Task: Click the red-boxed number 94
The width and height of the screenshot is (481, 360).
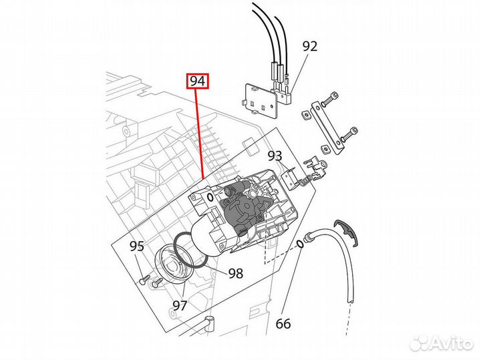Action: (198, 81)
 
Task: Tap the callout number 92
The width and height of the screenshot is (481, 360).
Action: (310, 46)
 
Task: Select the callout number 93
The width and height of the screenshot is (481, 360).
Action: (275, 156)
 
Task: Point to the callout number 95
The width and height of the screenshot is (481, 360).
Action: (137, 246)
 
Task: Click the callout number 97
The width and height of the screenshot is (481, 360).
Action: (180, 305)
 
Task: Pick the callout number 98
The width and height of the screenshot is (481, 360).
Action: (236, 273)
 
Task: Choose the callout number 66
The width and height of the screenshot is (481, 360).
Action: (283, 324)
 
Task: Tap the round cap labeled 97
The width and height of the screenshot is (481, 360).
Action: (171, 264)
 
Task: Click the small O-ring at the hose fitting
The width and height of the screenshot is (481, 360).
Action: (300, 244)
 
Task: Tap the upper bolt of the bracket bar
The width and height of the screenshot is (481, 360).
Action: (330, 98)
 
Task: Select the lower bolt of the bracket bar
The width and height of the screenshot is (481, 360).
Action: (349, 134)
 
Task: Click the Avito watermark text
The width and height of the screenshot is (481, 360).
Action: (442, 342)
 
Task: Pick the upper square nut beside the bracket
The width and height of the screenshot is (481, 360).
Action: (305, 115)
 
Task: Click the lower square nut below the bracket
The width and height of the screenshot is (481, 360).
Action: (327, 150)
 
